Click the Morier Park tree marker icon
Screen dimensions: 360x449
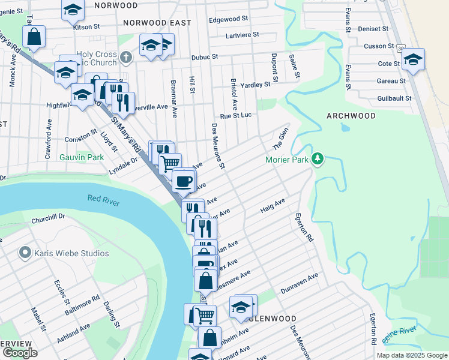pos(318,159)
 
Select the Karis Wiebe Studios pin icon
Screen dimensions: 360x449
pos(25,253)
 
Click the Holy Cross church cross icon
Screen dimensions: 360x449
pos(125,57)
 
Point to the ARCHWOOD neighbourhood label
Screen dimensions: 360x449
pos(351,116)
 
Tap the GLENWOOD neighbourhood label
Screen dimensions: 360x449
pos(276,318)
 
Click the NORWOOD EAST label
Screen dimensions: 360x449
pos(157,23)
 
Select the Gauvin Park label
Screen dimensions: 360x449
pos(82,158)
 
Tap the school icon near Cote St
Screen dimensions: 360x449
pos(413,59)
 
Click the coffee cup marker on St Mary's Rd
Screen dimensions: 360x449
pos(184,179)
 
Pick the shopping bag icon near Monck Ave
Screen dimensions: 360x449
pos(35,37)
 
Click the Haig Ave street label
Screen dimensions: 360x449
pos(272,208)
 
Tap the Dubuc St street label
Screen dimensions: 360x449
pos(204,56)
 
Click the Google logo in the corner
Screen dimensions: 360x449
pos(20,352)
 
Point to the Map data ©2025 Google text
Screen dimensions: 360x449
pos(411,355)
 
